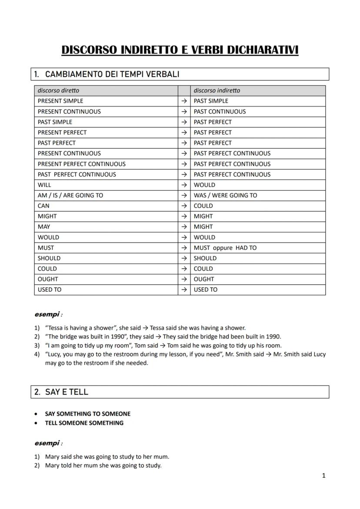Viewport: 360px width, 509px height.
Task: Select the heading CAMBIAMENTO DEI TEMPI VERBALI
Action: click(112, 74)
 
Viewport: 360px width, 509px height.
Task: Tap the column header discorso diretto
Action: click(58, 90)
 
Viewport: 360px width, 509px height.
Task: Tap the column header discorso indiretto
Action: click(217, 90)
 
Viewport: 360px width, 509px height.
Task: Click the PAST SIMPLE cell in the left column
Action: click(55, 122)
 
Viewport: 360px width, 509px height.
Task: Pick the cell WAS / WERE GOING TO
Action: click(225, 196)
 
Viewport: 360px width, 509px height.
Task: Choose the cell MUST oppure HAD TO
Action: click(225, 248)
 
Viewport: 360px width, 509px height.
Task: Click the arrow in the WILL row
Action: click(184, 185)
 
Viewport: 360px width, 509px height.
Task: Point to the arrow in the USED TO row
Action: click(184, 290)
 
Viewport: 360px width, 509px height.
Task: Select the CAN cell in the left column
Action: click(43, 206)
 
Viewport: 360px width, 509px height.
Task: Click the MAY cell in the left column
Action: click(44, 227)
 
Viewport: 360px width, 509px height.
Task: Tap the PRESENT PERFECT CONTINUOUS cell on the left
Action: click(81, 164)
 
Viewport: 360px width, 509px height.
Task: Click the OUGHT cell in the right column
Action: click(204, 279)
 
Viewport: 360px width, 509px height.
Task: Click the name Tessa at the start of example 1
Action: click(56, 328)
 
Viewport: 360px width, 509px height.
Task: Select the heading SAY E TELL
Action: click(67, 392)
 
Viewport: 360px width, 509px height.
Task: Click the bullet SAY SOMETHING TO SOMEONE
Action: click(87, 414)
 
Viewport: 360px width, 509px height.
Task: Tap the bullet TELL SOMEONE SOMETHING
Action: click(84, 423)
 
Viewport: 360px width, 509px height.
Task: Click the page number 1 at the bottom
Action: click(323, 476)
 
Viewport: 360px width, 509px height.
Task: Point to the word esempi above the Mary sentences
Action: click(47, 443)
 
